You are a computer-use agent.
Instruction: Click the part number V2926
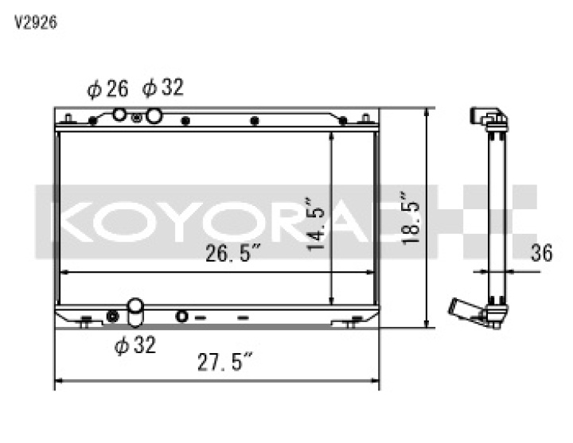coord(35,22)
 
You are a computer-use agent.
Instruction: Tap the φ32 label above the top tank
coord(162,87)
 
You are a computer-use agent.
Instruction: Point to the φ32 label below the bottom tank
coord(134,345)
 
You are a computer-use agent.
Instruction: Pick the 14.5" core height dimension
coord(316,226)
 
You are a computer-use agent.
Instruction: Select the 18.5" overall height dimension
coord(409,216)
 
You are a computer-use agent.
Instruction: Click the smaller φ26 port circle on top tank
coord(119,115)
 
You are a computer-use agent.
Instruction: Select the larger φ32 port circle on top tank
coord(154,115)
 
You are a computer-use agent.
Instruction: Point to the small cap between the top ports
coord(137,118)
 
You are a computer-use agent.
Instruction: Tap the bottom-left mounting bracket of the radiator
coord(85,322)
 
